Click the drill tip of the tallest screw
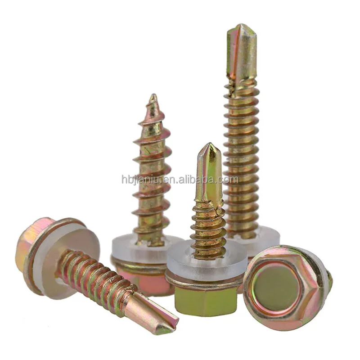(241, 45)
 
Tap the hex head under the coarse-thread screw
(144, 279)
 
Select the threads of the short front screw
(208, 229)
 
